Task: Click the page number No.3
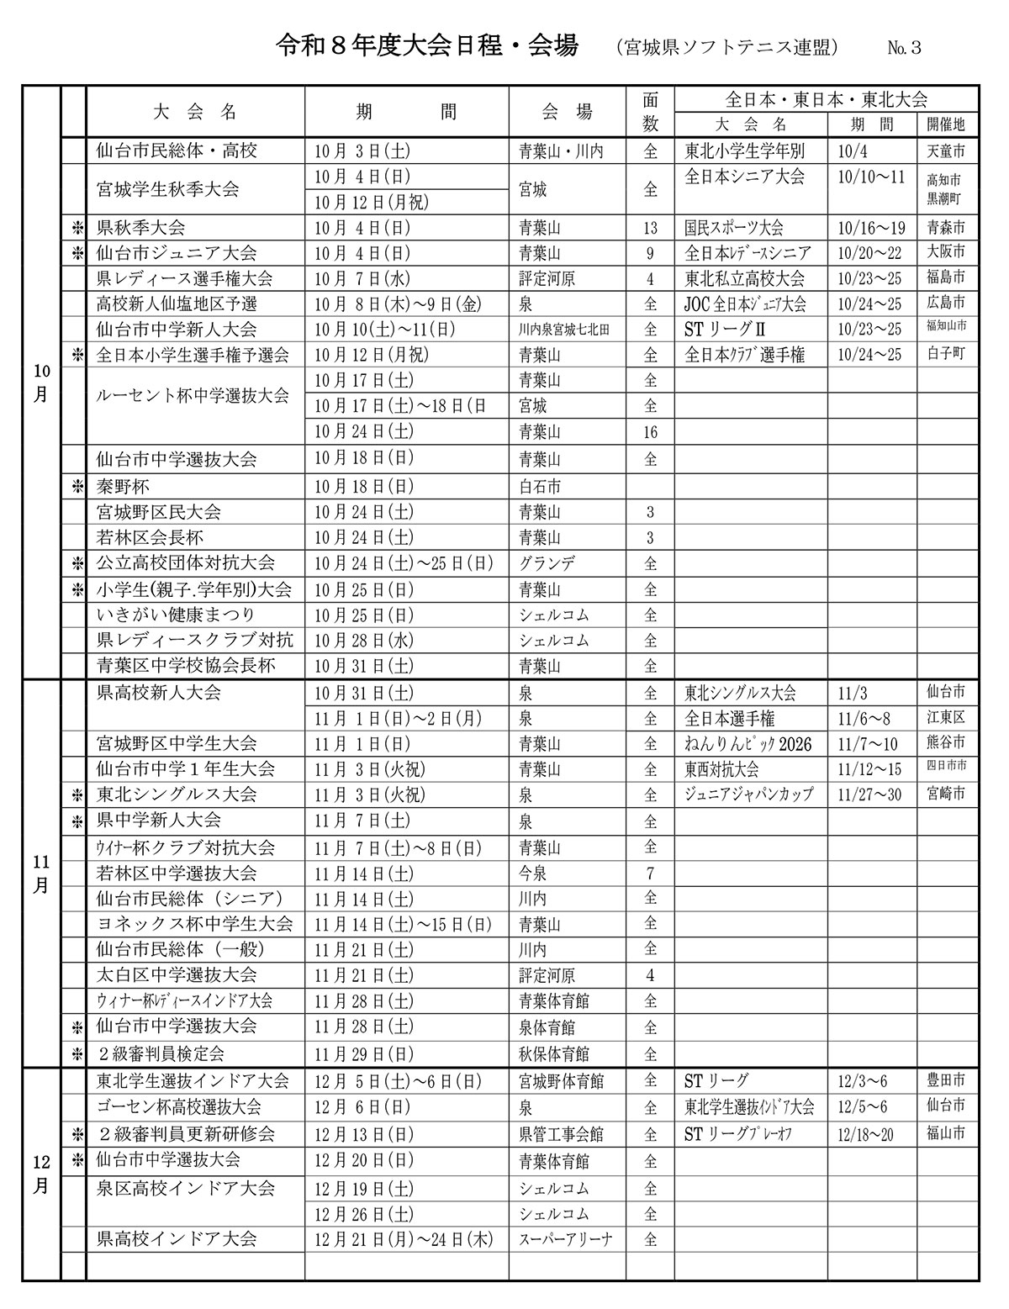click(x=904, y=48)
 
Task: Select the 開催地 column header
click(x=946, y=124)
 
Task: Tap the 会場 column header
click(x=567, y=111)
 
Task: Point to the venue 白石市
click(x=540, y=486)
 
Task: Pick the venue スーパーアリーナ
click(x=566, y=1239)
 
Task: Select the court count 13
click(x=650, y=228)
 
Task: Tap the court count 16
click(x=650, y=432)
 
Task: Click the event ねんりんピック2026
click(x=748, y=744)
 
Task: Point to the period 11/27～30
click(x=869, y=794)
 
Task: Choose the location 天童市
click(x=946, y=150)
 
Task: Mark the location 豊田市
click(x=946, y=1081)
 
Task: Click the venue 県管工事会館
click(x=561, y=1134)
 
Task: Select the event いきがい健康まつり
click(x=176, y=615)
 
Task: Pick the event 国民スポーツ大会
click(x=734, y=228)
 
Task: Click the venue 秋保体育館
click(x=554, y=1053)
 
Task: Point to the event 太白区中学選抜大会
click(x=177, y=975)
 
